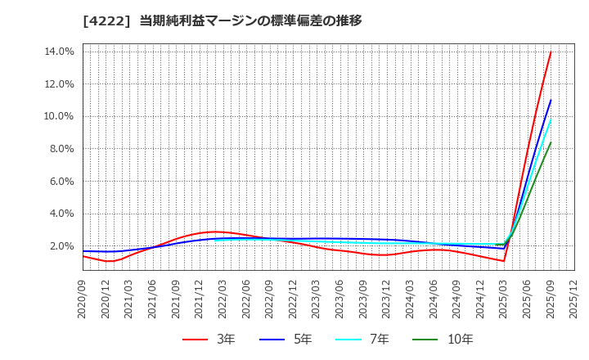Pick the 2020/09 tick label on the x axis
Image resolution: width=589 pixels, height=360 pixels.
83,298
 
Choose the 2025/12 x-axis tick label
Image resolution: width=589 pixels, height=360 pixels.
574,298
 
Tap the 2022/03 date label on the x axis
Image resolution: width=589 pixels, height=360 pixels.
223,298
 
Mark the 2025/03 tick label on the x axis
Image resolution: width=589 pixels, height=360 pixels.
504,298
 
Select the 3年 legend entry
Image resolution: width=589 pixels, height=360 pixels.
208,340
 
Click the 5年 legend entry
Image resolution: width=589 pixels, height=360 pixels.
292,340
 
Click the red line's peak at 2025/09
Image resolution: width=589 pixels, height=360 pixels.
551,52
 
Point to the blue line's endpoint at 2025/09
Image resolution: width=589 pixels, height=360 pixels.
551,101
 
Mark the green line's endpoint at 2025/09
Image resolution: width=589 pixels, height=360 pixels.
551,142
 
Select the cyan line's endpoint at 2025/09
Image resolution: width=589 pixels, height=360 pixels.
551,119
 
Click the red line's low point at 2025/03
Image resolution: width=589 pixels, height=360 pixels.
504,261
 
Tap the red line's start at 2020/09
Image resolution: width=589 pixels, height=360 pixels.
83,256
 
